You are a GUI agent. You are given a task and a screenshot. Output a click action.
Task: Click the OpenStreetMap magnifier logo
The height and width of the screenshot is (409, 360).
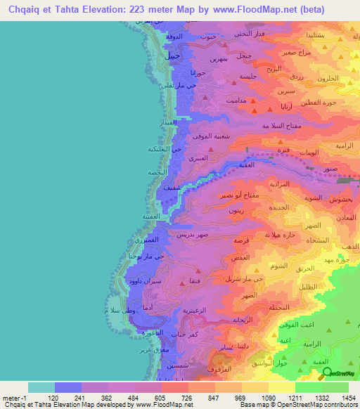324,374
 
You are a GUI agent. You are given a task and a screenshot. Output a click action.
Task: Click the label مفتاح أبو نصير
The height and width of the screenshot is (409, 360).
240,195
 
